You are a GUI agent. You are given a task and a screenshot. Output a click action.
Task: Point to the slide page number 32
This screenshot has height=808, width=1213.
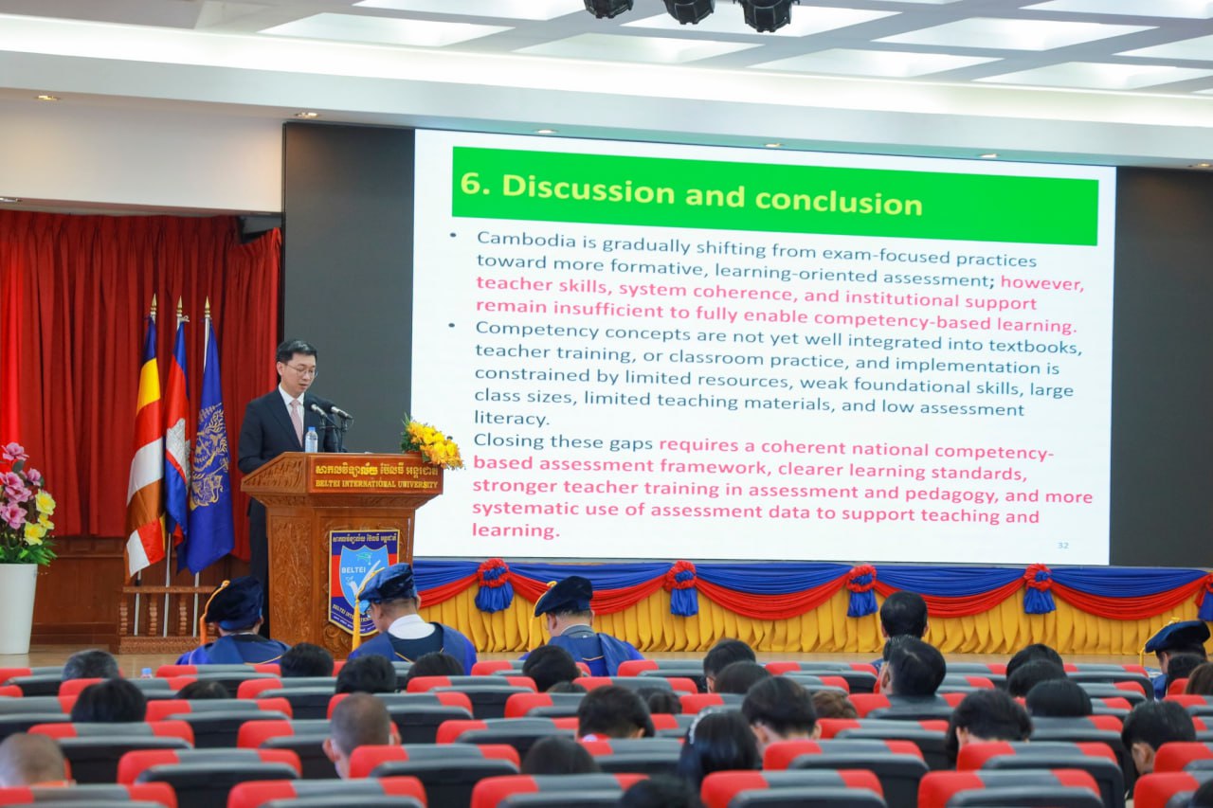(x=1062, y=545)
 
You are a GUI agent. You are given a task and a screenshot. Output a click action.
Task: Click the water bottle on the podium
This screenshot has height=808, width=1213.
(x=311, y=440)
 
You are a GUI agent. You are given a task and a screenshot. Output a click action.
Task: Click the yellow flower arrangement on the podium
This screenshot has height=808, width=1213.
(x=431, y=442)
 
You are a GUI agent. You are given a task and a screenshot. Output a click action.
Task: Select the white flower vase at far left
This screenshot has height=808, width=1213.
(x=17, y=606)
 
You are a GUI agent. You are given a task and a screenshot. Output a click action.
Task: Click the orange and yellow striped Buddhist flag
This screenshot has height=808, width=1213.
(x=146, y=455)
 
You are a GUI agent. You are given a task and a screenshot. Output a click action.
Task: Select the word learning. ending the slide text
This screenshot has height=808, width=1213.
(x=515, y=530)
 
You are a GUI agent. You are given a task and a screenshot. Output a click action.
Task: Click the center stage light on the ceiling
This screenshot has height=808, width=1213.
(x=688, y=9)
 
